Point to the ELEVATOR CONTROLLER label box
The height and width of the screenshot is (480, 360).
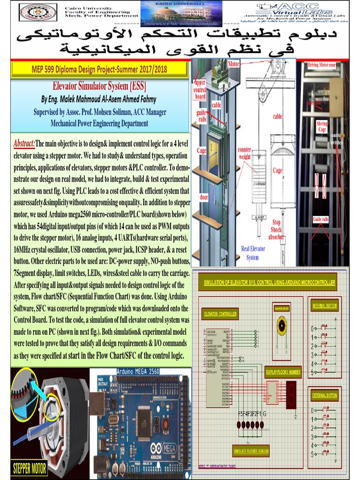tap(220, 314)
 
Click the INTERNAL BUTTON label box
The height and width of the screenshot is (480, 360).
tap(324, 306)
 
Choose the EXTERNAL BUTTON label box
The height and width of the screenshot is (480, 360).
tap(324, 395)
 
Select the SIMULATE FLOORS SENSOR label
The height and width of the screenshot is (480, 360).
tap(251, 451)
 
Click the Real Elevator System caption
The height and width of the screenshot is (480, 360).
tap(253, 253)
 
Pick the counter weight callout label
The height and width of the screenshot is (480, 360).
tap(245, 153)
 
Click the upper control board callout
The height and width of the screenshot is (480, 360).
tap(200, 89)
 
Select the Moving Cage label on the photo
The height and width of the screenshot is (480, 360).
tap(322, 127)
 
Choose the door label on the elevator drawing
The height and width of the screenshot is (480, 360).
tap(204, 197)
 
